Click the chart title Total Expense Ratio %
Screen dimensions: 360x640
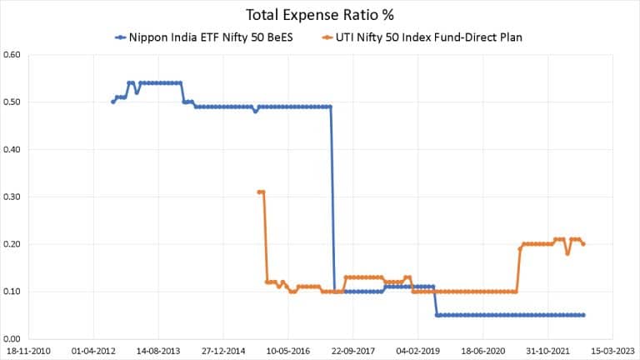pos(320,14)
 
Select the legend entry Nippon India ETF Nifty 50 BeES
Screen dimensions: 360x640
pos(201,37)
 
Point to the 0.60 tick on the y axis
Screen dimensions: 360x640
pos(12,55)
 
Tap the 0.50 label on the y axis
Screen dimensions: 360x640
pos(12,102)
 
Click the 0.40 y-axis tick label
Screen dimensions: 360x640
pos(12,150)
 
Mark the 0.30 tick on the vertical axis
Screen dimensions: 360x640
pos(12,197)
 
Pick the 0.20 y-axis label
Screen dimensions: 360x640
pos(12,244)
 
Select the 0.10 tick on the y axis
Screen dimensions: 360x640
pos(12,292)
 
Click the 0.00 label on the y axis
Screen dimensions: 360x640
pos(12,339)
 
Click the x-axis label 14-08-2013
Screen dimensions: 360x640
pos(157,352)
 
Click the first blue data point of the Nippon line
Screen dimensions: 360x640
pos(113,102)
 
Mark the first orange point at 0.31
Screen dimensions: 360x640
pos(259,192)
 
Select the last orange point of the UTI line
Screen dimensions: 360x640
pos(583,244)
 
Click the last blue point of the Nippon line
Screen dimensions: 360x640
pos(583,315)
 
